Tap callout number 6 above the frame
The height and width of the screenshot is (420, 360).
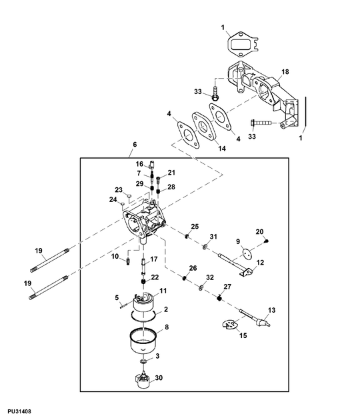[135, 145]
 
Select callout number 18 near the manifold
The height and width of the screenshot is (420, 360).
[285, 71]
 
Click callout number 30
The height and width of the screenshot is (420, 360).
[159, 378]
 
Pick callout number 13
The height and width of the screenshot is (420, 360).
[271, 310]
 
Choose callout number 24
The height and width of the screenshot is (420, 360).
[113, 199]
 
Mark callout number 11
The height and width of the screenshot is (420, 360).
[163, 292]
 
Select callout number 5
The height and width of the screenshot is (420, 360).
[116, 297]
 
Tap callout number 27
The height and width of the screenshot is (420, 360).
[226, 286]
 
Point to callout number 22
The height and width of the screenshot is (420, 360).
[155, 277]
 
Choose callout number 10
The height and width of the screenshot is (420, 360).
[115, 256]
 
